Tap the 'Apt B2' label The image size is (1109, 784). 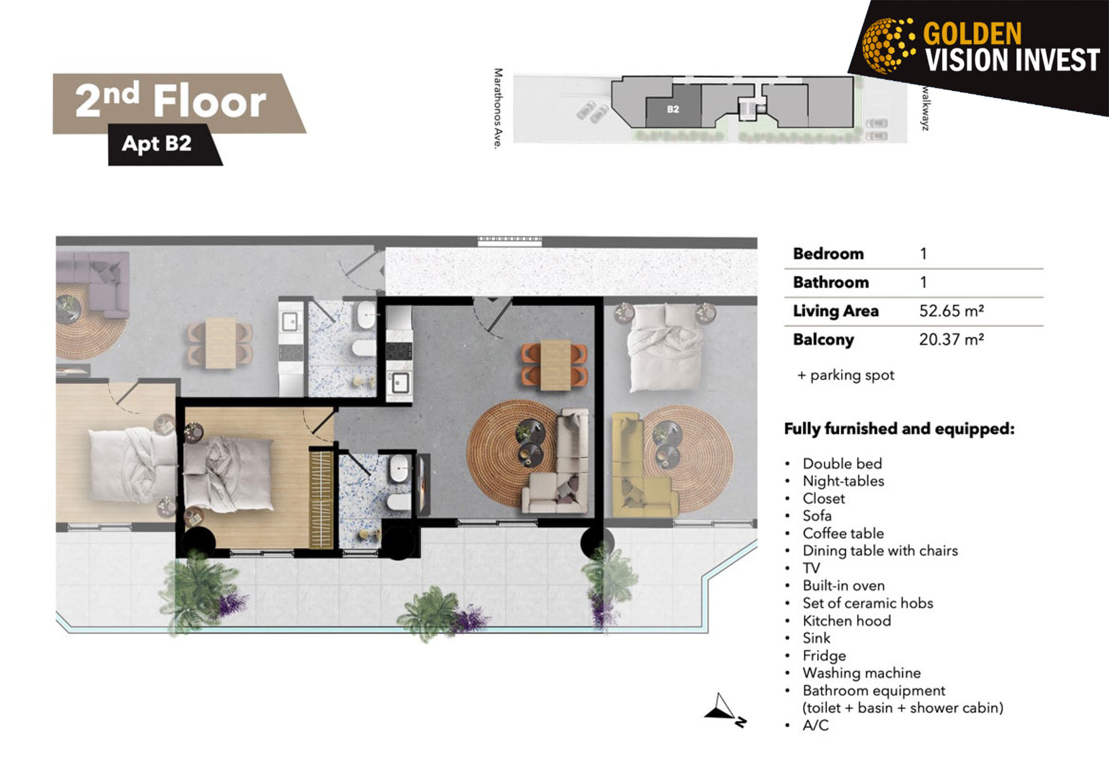pyautogui.click(x=156, y=144)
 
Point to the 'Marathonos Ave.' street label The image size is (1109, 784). pyautogui.click(x=499, y=109)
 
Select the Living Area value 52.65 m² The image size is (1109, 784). pyautogui.click(x=951, y=311)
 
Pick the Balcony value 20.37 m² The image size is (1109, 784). pyautogui.click(x=951, y=340)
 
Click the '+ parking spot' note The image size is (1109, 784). pyautogui.click(x=845, y=376)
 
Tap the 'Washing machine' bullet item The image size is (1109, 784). pyautogui.click(x=861, y=673)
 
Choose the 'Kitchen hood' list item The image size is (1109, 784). pyautogui.click(x=847, y=621)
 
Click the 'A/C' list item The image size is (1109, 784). pyautogui.click(x=815, y=725)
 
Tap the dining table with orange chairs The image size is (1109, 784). pyautogui.click(x=554, y=365)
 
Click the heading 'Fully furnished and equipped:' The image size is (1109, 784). pyautogui.click(x=899, y=429)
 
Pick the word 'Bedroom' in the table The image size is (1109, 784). pyautogui.click(x=828, y=254)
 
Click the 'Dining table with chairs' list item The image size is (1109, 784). pyautogui.click(x=880, y=551)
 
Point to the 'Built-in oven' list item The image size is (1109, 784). pyautogui.click(x=844, y=585)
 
